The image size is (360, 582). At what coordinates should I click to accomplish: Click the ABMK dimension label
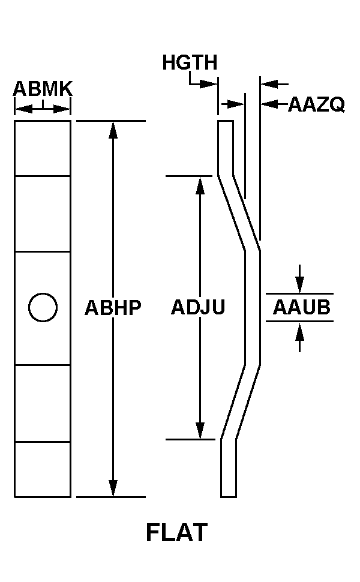[x=43, y=89]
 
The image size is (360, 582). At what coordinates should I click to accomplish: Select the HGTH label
[x=190, y=62]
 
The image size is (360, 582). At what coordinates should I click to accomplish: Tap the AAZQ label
[x=317, y=104]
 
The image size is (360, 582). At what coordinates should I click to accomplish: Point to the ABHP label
[x=113, y=307]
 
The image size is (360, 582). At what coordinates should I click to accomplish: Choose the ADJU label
[x=198, y=307]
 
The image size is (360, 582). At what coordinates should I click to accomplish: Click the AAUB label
[x=302, y=307]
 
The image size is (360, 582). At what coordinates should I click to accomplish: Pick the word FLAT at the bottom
[x=176, y=533]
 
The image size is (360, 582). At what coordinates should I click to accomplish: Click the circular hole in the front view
[x=43, y=307]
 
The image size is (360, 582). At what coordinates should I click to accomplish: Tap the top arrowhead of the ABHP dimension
[x=113, y=130]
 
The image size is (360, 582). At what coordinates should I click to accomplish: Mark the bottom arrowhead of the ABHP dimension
[x=113, y=488]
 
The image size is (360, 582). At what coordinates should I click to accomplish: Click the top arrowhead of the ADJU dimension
[x=200, y=185]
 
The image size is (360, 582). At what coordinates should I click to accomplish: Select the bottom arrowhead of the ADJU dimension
[x=200, y=431]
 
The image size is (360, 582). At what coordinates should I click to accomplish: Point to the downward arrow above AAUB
[x=300, y=279]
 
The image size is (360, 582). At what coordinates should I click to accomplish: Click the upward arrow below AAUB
[x=300, y=337]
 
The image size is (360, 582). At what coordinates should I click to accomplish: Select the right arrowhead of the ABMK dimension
[x=62, y=109]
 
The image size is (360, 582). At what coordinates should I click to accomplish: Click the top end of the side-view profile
[x=226, y=121]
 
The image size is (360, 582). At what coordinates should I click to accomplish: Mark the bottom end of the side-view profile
[x=229, y=497]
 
